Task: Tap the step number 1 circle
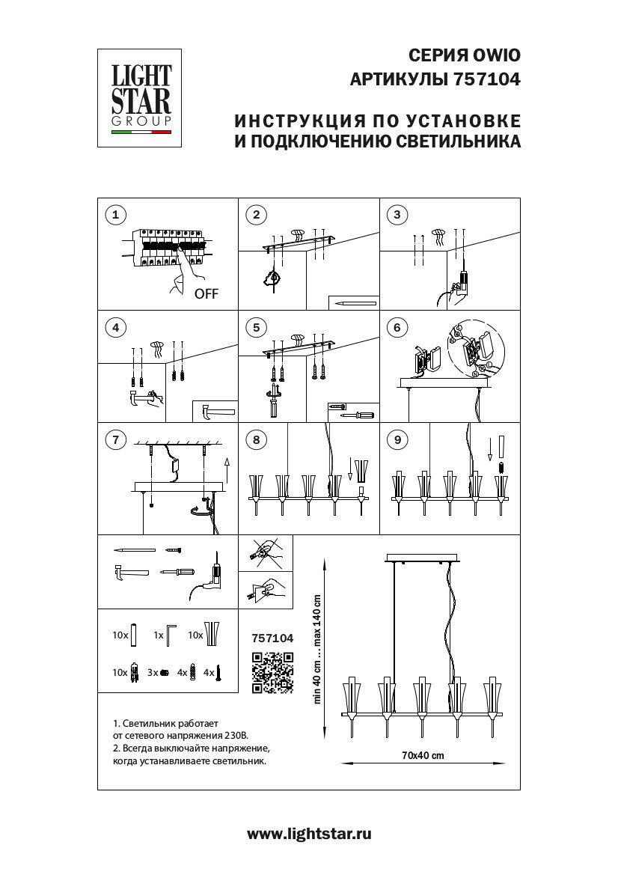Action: tap(114, 215)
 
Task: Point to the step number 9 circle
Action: tap(397, 439)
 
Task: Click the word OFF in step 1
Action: tap(206, 294)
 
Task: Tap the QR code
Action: tap(272, 671)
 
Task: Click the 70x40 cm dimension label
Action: tap(423, 755)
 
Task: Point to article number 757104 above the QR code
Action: tap(272, 638)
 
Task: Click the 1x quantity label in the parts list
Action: tap(157, 635)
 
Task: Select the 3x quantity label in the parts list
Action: tap(153, 673)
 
